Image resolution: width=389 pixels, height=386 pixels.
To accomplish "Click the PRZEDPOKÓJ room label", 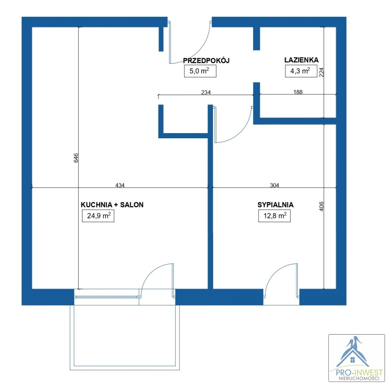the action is [206, 60].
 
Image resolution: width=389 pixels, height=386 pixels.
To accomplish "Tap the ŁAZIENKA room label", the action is [301, 60].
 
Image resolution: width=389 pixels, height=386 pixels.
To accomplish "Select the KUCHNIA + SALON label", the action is [112, 205].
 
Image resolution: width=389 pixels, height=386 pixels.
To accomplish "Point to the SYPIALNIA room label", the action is [276, 205].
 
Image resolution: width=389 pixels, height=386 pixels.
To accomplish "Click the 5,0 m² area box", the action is [200, 71].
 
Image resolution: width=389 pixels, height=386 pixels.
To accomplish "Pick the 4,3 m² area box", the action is [301, 71].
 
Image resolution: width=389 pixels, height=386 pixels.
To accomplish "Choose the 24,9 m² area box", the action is [98, 216].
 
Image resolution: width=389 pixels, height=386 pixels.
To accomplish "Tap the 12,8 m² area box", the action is [274, 216].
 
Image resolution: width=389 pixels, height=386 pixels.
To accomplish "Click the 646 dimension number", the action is [76, 158].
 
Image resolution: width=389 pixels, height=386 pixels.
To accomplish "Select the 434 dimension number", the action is [120, 185].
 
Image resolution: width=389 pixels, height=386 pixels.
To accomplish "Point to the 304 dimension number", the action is [274, 185].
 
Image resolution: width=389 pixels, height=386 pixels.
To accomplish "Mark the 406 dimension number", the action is [321, 206].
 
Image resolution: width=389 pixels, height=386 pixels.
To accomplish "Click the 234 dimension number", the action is [206, 92].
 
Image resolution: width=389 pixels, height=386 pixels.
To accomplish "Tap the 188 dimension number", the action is [298, 92].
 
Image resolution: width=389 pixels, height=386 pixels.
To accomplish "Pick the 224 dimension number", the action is [321, 72].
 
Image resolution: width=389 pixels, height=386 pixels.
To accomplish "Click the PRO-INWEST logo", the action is [356, 358].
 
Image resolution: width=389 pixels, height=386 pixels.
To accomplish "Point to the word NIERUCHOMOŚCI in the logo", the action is [359, 378].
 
